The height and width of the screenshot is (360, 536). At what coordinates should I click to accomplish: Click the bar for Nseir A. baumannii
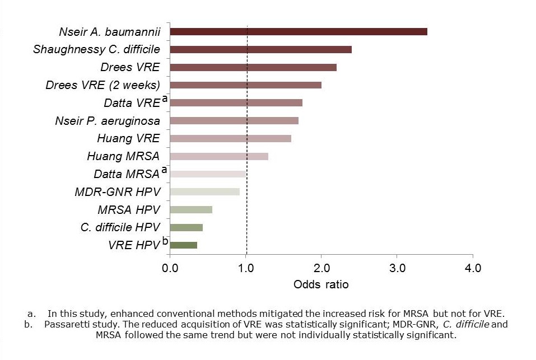coord(298,31)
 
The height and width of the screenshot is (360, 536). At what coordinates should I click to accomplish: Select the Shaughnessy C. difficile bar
coord(260,49)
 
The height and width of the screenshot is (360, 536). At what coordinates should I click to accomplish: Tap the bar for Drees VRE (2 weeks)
coord(245,85)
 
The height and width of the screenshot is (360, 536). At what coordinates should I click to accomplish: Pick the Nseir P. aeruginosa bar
coord(234,120)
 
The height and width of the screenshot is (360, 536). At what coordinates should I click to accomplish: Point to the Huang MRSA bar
coord(218,156)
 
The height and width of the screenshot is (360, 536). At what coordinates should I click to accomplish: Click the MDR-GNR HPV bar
coord(204,191)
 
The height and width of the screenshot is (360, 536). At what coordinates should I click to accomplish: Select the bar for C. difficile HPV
coord(186,227)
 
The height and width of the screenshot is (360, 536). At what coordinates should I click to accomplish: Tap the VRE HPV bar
coord(183,245)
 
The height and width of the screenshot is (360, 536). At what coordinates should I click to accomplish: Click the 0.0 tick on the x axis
coord(170,268)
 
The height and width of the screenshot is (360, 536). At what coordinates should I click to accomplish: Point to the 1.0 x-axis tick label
coord(246,268)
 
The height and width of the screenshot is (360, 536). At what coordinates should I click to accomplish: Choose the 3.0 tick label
coord(397,268)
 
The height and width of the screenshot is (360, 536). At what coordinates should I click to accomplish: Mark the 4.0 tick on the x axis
coord(473,268)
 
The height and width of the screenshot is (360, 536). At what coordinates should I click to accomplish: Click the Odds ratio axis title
coord(321,284)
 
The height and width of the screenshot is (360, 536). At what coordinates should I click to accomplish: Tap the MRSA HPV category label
coord(129,210)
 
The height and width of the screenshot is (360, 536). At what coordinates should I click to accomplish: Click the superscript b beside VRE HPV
coord(165,241)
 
